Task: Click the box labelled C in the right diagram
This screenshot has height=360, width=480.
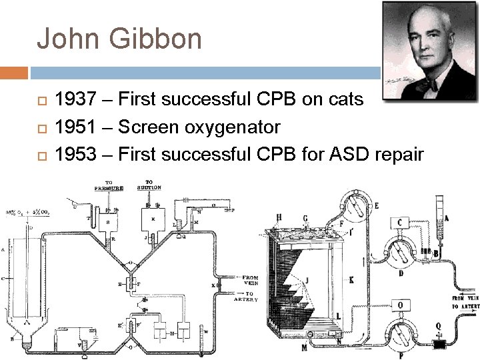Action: (400, 223)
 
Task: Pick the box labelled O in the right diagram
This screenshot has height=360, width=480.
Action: (400, 305)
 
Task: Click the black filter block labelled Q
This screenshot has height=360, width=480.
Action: (441, 346)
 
